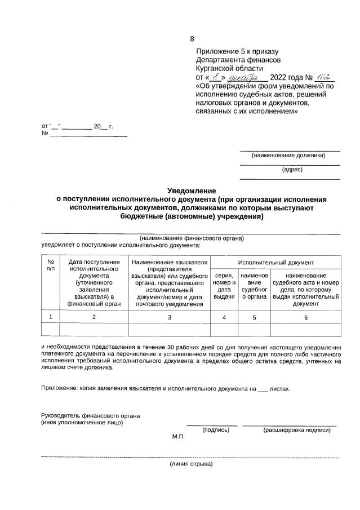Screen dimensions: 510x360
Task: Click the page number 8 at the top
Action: coord(192,39)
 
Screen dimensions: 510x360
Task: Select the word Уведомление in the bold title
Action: coord(192,191)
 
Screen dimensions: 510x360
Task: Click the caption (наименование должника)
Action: coord(288,155)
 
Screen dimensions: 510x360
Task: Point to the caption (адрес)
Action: coord(292,168)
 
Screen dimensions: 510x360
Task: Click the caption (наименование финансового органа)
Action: coord(192,238)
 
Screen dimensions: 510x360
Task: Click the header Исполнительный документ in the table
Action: coord(275,263)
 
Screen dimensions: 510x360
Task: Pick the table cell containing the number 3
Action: coord(170,317)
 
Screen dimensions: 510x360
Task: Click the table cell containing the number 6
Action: coord(306,317)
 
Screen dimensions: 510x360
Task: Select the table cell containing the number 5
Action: coord(254,317)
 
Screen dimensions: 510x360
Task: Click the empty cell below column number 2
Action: coord(94,330)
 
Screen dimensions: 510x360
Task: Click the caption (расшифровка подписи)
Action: coord(296,429)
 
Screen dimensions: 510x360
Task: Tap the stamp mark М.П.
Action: coord(179,437)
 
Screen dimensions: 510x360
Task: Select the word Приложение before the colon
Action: coord(59,388)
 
